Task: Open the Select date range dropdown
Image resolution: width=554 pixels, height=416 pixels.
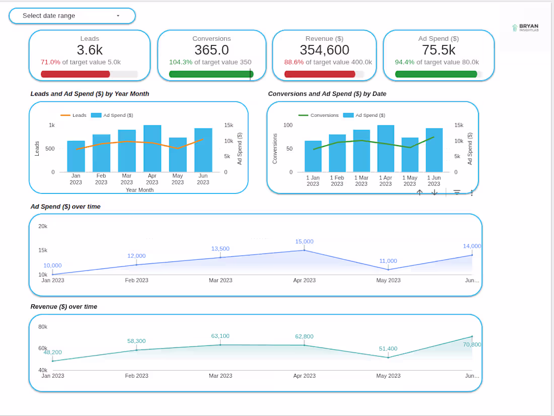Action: tap(72, 16)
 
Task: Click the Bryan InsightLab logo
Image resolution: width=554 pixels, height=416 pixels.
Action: tap(525, 28)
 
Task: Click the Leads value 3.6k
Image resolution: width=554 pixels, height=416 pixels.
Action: tap(90, 50)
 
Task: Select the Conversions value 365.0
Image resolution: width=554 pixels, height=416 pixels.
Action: tap(212, 50)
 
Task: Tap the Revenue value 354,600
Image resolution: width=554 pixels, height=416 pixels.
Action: tap(324, 50)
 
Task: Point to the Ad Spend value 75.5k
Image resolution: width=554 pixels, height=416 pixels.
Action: tap(438, 50)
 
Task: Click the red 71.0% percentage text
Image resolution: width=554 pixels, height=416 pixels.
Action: tap(50, 62)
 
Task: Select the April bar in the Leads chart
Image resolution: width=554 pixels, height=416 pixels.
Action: tap(152, 149)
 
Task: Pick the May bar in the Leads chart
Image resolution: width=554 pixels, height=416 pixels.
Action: tap(178, 155)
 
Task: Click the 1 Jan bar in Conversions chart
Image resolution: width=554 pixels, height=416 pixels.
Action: tap(313, 156)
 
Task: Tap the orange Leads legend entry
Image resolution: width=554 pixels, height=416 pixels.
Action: tap(74, 115)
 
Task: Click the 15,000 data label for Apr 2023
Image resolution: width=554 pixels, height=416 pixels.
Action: tap(304, 242)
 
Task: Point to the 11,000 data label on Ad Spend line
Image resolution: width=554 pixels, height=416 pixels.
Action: tap(388, 261)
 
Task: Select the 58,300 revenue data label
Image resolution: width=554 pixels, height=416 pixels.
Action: tap(136, 341)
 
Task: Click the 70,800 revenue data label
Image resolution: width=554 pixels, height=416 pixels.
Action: tap(472, 344)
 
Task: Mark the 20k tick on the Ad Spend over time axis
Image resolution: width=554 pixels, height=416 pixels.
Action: tap(43, 226)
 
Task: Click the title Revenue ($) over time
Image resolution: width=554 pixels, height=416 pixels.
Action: tap(64, 307)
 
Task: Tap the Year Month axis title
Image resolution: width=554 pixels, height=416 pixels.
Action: tap(140, 190)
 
